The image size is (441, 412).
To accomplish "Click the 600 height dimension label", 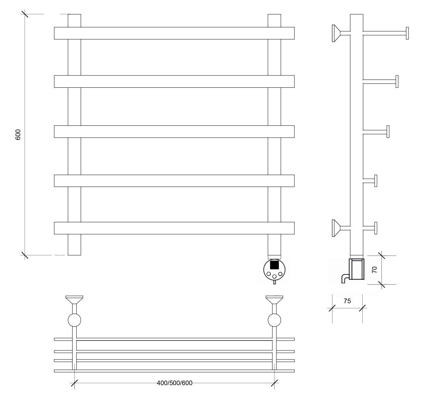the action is (18, 134).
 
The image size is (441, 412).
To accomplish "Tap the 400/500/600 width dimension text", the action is (175, 383).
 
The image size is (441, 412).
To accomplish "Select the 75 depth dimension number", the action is (347, 301).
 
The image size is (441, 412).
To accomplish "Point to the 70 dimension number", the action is (375, 270).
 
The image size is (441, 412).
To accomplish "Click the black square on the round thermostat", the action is (274, 265).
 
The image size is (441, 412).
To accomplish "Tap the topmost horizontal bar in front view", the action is (174, 33).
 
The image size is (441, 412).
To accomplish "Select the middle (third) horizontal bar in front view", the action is (174, 132).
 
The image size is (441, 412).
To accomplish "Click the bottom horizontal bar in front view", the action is (174, 228).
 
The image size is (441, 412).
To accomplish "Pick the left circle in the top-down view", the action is (74, 320).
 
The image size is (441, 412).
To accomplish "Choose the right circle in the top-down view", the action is (274, 320).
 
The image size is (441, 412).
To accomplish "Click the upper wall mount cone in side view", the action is (336, 33).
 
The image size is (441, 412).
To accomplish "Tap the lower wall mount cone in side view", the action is (336, 228).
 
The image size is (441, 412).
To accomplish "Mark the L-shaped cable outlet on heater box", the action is (345, 278).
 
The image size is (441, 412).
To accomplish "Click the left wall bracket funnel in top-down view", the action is (74, 299).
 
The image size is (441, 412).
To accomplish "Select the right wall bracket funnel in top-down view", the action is (274, 299).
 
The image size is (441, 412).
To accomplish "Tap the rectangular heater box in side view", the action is (357, 269).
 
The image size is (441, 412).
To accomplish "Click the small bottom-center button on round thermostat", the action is (274, 276).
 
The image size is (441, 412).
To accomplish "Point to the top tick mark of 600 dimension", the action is (25, 14).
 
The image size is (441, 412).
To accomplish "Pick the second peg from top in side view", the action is (381, 82).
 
